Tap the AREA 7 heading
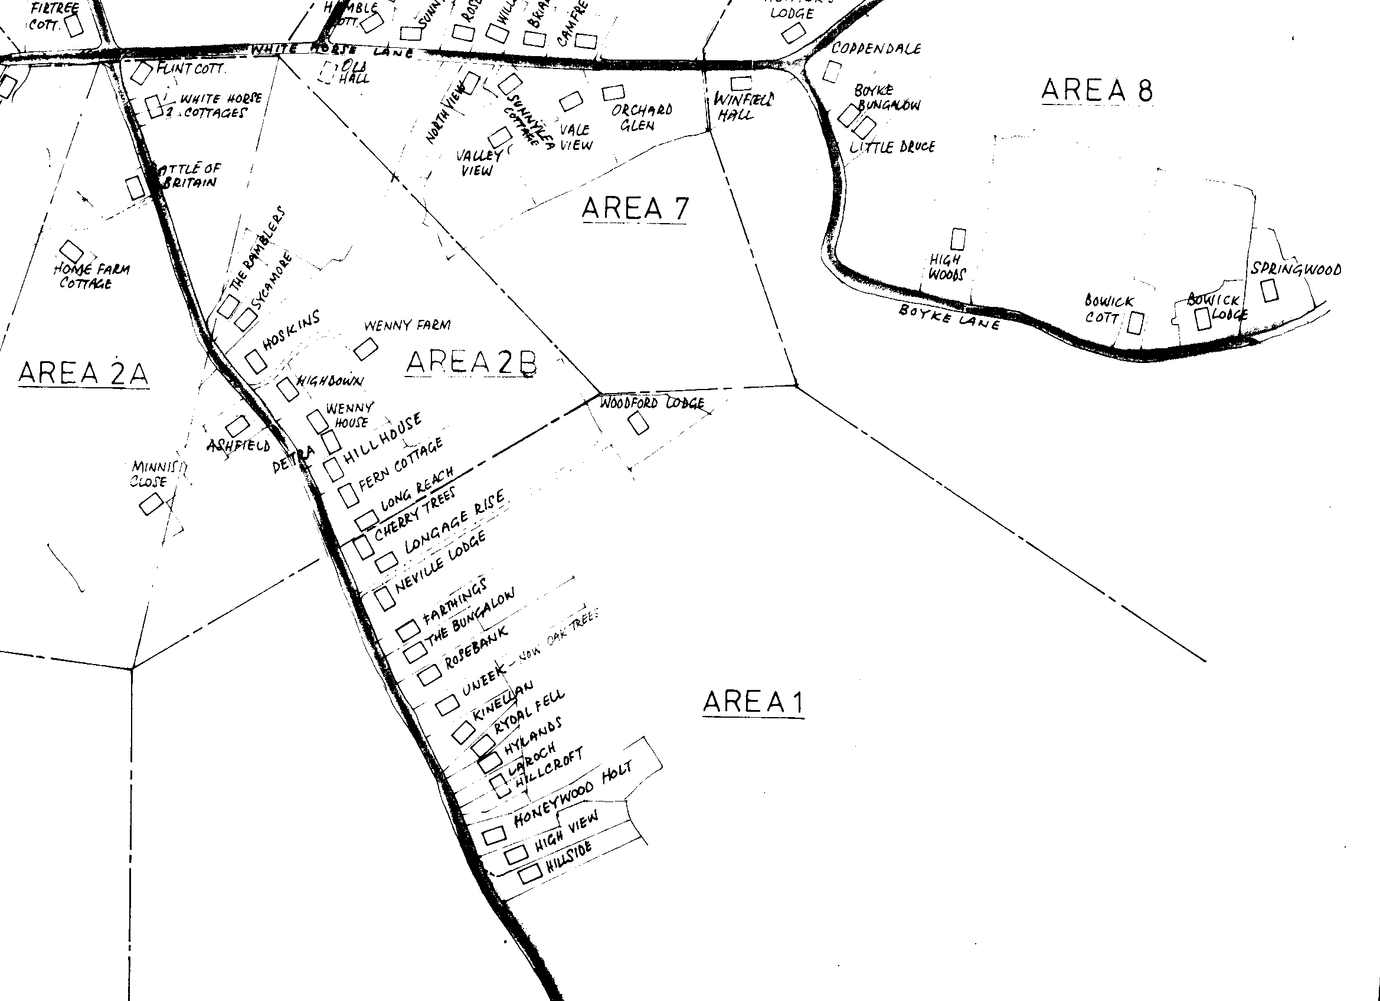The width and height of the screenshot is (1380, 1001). pos(635,209)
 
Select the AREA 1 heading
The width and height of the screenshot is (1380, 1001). pos(753,702)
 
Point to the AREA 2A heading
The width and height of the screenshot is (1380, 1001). pos(83,373)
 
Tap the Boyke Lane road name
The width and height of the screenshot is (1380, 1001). pos(949,317)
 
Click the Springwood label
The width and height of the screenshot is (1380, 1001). pos(1296,269)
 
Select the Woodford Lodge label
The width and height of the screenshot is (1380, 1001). pos(652,403)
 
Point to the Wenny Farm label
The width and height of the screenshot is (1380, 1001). pos(407,326)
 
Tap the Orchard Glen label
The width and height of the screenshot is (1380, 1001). pos(642,117)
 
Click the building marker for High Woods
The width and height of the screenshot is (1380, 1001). pos(958,239)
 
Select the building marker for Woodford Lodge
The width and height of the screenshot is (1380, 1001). pos(637,423)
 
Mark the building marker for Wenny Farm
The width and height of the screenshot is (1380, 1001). pos(366,349)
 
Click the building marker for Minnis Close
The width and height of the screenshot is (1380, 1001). pos(151,503)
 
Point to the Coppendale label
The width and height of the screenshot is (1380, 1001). pos(875,48)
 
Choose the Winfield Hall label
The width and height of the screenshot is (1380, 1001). pos(743,106)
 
